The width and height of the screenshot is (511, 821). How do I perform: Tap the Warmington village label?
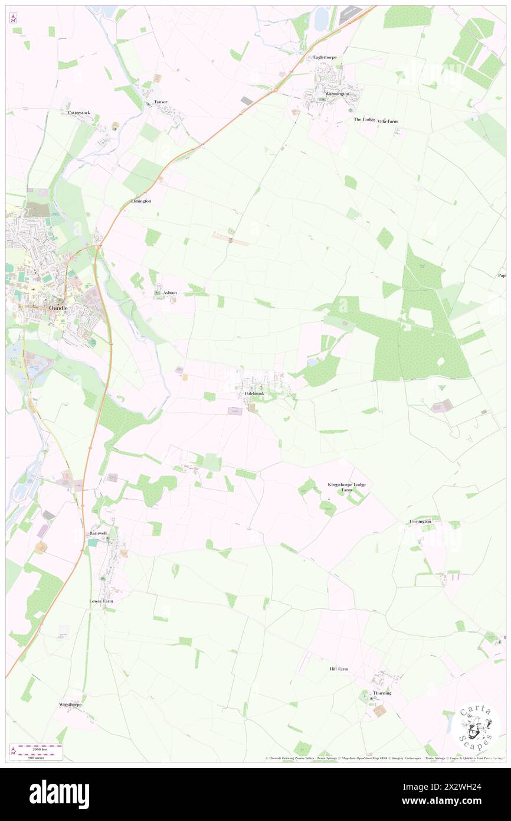tap(337, 94)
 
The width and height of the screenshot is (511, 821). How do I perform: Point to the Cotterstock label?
tap(78, 112)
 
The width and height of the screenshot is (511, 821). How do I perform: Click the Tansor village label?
tap(160, 102)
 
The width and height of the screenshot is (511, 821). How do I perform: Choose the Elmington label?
tap(141, 201)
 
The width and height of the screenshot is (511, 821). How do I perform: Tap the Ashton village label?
tap(170, 292)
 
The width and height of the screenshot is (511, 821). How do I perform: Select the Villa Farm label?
tap(388, 121)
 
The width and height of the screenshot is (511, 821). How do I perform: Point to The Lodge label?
tap(364, 119)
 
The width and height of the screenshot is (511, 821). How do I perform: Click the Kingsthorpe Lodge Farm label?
tap(347, 487)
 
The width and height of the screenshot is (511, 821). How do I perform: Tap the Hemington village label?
tap(421, 522)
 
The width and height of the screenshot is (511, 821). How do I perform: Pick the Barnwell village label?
tap(97, 533)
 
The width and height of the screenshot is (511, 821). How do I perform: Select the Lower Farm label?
tap(101, 601)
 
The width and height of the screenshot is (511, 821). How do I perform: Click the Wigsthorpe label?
tap(70, 705)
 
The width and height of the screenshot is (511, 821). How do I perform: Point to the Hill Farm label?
tap(339, 669)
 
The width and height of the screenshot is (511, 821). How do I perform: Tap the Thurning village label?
tap(382, 693)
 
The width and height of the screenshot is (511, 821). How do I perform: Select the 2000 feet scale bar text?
tap(41, 748)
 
